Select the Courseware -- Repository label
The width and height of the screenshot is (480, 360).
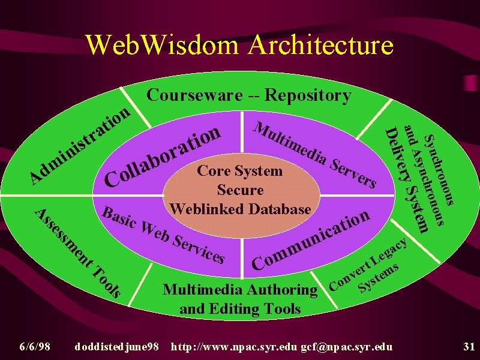click(x=249, y=95)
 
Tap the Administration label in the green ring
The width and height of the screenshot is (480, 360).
click(x=80, y=146)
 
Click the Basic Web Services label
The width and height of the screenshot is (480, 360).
click(x=163, y=235)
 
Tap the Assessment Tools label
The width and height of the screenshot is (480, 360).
click(x=78, y=253)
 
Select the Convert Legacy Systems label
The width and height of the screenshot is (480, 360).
click(x=367, y=265)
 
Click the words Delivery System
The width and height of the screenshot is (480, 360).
click(x=406, y=180)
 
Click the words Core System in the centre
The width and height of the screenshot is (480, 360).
click(x=239, y=171)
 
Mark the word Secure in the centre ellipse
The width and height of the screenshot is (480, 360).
click(x=241, y=190)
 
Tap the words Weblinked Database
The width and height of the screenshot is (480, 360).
click(x=241, y=209)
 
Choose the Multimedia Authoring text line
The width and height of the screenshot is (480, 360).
click(x=240, y=290)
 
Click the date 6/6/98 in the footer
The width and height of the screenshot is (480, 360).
click(x=35, y=347)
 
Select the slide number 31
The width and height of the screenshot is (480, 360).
click(x=469, y=347)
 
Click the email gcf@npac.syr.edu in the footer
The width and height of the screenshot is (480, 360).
click(x=347, y=347)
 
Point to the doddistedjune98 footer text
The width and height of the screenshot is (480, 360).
click(x=116, y=347)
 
